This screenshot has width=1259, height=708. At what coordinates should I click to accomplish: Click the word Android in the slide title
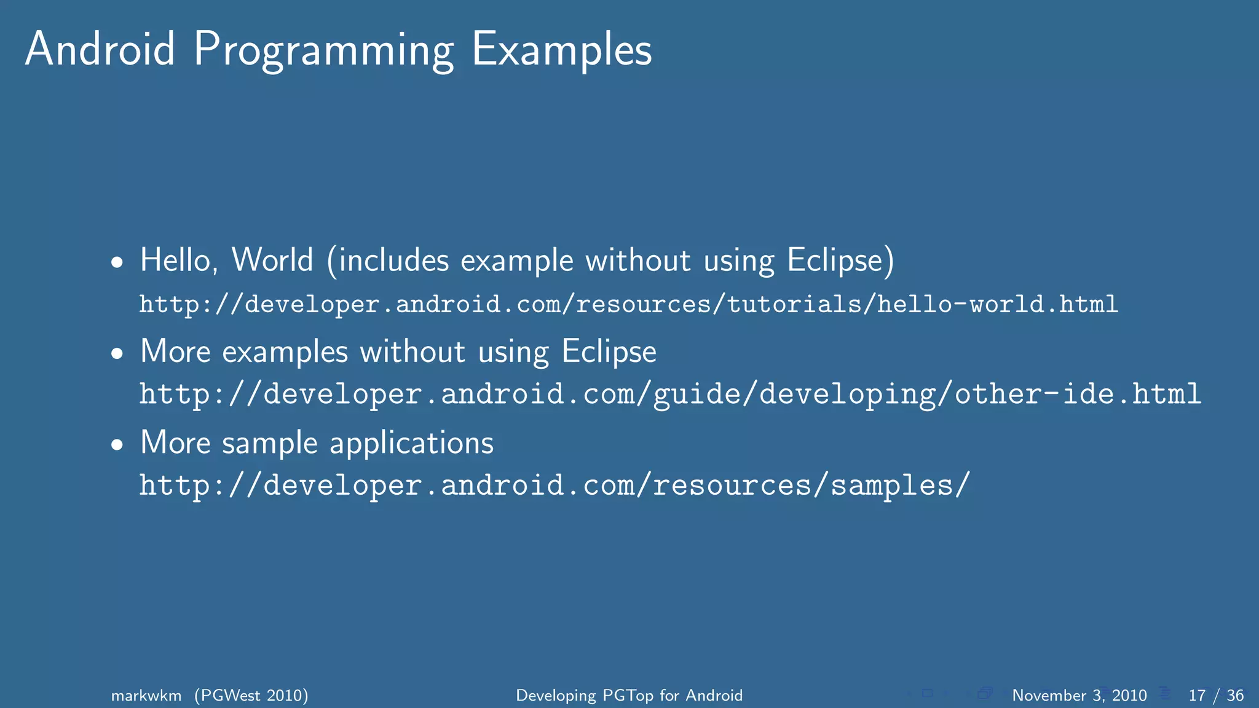[100, 49]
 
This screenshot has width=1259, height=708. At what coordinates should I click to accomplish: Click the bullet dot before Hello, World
[117, 263]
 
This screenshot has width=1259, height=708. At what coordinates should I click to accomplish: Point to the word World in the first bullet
[272, 260]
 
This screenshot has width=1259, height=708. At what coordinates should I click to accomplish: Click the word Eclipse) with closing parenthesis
[840, 261]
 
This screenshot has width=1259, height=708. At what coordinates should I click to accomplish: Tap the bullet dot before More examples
[117, 354]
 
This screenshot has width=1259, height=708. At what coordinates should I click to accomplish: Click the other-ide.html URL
[670, 394]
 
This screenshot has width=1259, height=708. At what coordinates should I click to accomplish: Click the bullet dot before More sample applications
[117, 445]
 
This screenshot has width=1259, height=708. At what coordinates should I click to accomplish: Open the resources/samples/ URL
[555, 486]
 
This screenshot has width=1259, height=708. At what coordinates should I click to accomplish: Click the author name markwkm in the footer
[146, 696]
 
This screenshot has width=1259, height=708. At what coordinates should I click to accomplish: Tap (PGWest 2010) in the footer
[251, 696]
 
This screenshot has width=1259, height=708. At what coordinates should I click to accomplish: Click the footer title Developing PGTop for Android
[629, 696]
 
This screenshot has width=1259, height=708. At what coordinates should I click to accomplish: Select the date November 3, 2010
[1079, 696]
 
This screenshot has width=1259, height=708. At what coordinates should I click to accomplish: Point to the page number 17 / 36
[1215, 696]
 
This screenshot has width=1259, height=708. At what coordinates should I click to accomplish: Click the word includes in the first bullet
[393, 260]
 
